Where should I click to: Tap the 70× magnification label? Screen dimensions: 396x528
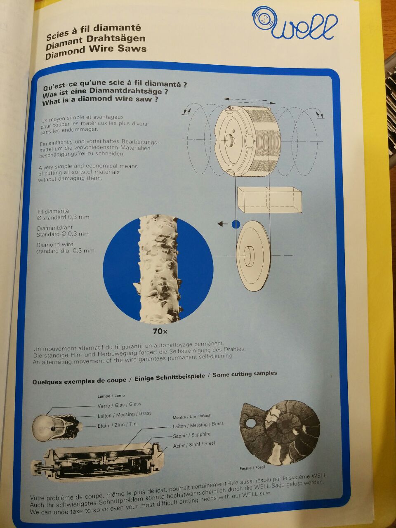tap(160, 332)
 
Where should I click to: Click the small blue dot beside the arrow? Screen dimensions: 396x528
tap(236, 224)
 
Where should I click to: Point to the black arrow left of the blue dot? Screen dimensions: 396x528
tap(223, 224)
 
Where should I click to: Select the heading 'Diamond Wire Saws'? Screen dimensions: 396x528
tap(96, 52)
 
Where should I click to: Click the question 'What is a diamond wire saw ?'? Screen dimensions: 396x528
tap(100, 100)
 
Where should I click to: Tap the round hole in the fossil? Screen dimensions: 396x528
tap(252, 422)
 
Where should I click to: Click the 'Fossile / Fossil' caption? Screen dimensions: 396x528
tap(252, 468)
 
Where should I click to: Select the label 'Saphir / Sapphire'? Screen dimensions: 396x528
tap(191, 435)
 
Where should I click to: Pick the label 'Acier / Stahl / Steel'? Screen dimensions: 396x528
tap(194, 444)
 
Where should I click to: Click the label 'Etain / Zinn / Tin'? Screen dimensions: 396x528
tap(117, 425)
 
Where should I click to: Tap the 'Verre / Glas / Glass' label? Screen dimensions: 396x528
tap(119, 405)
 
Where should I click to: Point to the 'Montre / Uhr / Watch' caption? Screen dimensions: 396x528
tap(192, 416)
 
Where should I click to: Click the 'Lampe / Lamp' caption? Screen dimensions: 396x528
tap(111, 396)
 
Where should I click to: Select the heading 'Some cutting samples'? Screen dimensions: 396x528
tap(245, 374)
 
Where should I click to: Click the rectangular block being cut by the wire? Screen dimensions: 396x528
tap(269, 200)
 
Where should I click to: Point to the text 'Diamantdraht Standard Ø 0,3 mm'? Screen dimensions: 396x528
tap(63, 231)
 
